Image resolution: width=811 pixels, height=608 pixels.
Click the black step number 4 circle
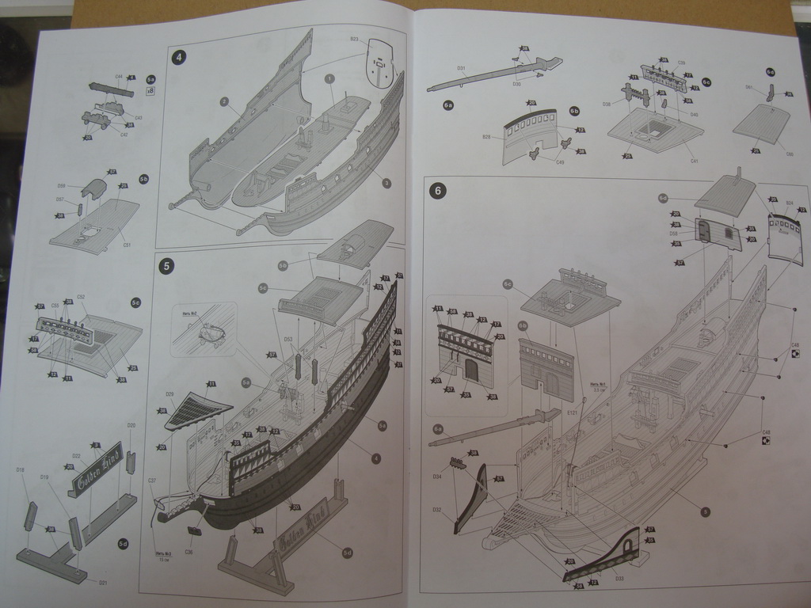pos(180,56)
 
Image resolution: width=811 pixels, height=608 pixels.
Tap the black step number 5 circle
pos(166,265)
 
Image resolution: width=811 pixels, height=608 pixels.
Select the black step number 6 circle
pos(436,190)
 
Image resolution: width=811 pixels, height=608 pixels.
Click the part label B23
pos(354,39)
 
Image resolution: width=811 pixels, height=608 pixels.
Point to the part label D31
pos(461,68)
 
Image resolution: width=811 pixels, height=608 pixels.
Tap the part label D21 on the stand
pos(103,583)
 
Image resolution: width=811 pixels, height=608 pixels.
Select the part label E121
pos(572,412)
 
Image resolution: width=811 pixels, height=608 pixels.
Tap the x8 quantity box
pos(150,91)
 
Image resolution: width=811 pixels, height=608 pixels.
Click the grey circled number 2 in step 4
pos(224,101)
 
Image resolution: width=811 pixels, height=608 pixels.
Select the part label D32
pos(436,509)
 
